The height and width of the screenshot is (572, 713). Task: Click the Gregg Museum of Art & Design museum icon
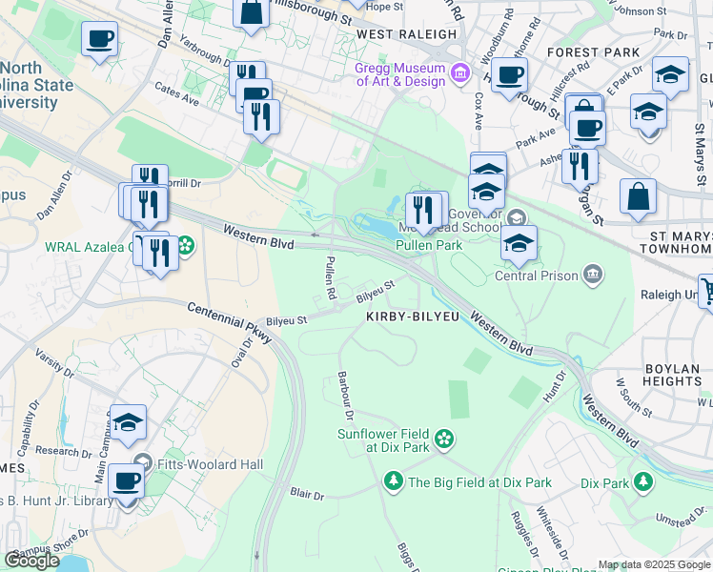460,72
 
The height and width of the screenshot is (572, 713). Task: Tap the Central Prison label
536,276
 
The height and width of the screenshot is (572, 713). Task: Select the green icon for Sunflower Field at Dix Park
443,439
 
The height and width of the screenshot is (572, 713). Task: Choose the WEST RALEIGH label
406,34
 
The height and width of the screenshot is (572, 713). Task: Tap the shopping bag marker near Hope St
251,13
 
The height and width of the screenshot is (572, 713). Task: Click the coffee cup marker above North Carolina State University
100,40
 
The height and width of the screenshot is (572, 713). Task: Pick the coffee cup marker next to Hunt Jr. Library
125,480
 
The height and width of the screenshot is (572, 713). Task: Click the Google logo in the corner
31,561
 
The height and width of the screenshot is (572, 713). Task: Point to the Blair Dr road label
307,496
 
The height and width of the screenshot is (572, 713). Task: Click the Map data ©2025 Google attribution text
653,564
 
